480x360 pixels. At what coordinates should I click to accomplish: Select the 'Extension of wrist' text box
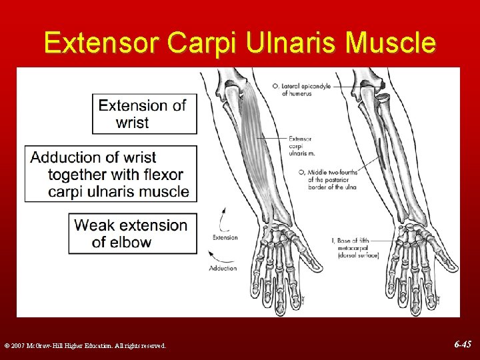pos(145,114)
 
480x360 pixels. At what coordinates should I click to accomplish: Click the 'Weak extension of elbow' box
pos(133,233)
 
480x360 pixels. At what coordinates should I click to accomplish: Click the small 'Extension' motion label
pos(225,237)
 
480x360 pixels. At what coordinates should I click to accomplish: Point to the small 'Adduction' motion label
pos(223,268)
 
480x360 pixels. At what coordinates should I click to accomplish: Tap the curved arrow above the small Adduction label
pos(218,253)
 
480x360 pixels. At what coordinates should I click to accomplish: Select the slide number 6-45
pos(462,345)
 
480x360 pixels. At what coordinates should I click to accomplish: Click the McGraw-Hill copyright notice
pos(85,345)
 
